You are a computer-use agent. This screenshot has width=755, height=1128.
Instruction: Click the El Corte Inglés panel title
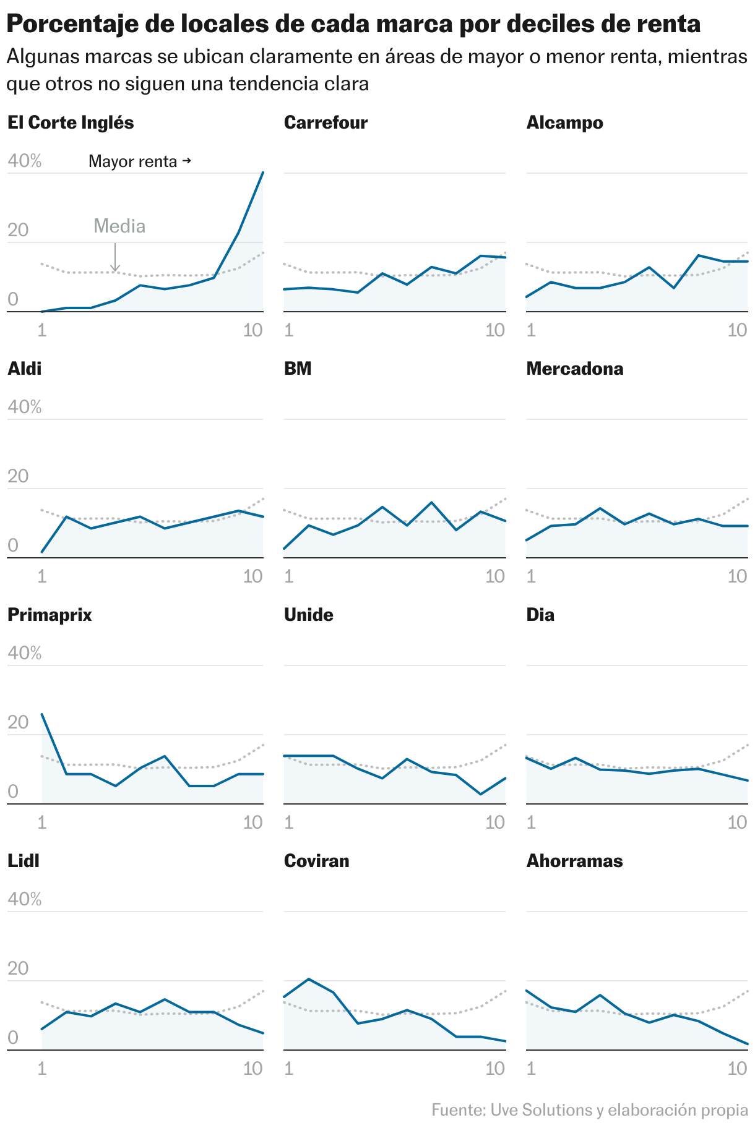pyautogui.click(x=71, y=122)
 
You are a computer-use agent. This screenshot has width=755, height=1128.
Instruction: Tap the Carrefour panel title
pyautogui.click(x=326, y=122)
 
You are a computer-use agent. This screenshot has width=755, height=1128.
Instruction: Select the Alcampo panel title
pyautogui.click(x=564, y=122)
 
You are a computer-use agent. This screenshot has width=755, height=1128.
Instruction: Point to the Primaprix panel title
pyautogui.click(x=50, y=615)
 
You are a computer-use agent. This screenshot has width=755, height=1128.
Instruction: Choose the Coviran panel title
pyautogui.click(x=316, y=861)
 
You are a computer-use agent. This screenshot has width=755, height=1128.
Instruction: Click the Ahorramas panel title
pyautogui.click(x=574, y=861)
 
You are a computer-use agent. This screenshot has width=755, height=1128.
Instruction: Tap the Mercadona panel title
pyautogui.click(x=574, y=369)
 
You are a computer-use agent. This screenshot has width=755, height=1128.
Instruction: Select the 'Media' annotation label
pyautogui.click(x=119, y=226)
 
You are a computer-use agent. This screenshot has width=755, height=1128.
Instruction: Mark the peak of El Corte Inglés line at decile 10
pyautogui.click(x=263, y=173)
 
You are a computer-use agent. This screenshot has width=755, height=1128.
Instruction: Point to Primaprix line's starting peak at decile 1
pyautogui.click(x=42, y=714)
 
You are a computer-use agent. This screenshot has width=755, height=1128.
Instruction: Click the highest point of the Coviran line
pyautogui.click(x=308, y=979)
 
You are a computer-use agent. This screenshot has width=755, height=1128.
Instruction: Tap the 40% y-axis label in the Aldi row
pyautogui.click(x=24, y=407)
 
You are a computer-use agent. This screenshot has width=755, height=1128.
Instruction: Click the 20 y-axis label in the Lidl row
pyautogui.click(x=18, y=968)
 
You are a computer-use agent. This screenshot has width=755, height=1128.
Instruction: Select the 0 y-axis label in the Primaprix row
pyautogui.click(x=13, y=792)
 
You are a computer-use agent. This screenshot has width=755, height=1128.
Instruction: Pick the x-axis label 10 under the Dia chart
pyautogui.click(x=737, y=822)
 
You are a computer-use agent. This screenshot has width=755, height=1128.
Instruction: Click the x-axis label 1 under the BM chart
pyautogui.click(x=288, y=576)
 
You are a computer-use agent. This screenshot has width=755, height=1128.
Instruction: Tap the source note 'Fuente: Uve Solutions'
pyautogui.click(x=589, y=1110)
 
